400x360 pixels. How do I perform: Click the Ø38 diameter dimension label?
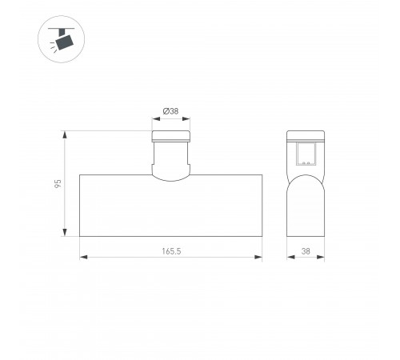pyautogui.click(x=170, y=111)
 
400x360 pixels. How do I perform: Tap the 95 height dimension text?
pyautogui.click(x=58, y=183)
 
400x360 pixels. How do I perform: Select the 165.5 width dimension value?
pyautogui.click(x=171, y=251)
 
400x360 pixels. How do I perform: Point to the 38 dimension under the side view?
pyautogui.click(x=306, y=251)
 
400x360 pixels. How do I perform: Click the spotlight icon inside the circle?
pyautogui.click(x=62, y=39)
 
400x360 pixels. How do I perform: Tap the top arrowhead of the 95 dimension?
pyautogui.click(x=65, y=134)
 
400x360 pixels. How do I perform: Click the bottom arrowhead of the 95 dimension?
pyautogui.click(x=65, y=233)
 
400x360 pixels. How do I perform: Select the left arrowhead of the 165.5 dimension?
pyautogui.click(x=83, y=257)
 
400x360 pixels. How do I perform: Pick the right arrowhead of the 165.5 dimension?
pyautogui.click(x=258, y=257)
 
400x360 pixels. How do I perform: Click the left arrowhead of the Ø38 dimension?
pyautogui.click(x=156, y=118)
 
